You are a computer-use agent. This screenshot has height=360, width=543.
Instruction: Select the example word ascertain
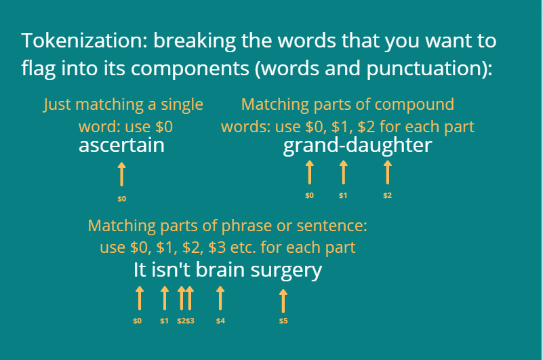(x=121, y=145)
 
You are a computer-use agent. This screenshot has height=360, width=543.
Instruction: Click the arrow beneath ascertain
(x=121, y=174)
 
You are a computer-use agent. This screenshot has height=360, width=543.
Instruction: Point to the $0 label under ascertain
(x=121, y=199)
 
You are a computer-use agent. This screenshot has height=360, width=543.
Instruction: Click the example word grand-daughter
(x=357, y=146)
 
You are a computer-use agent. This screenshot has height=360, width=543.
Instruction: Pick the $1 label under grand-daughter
(x=343, y=196)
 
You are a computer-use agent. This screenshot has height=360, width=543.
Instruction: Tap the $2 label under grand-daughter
(x=388, y=196)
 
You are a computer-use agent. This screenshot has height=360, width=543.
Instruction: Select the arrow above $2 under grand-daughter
(x=388, y=172)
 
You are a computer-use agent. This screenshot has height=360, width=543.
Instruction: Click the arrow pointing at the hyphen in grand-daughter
(x=343, y=172)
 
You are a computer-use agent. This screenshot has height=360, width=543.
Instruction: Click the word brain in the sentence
(x=220, y=270)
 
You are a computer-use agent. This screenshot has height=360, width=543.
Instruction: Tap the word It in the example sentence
(x=140, y=270)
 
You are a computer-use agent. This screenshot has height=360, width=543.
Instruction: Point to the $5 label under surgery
(x=283, y=321)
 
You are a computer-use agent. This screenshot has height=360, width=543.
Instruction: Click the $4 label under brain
(x=220, y=321)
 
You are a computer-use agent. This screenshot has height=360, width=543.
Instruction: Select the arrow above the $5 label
(x=283, y=301)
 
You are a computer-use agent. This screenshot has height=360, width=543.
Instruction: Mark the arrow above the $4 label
(x=220, y=298)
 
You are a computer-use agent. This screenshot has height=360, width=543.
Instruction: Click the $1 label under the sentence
(x=164, y=321)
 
